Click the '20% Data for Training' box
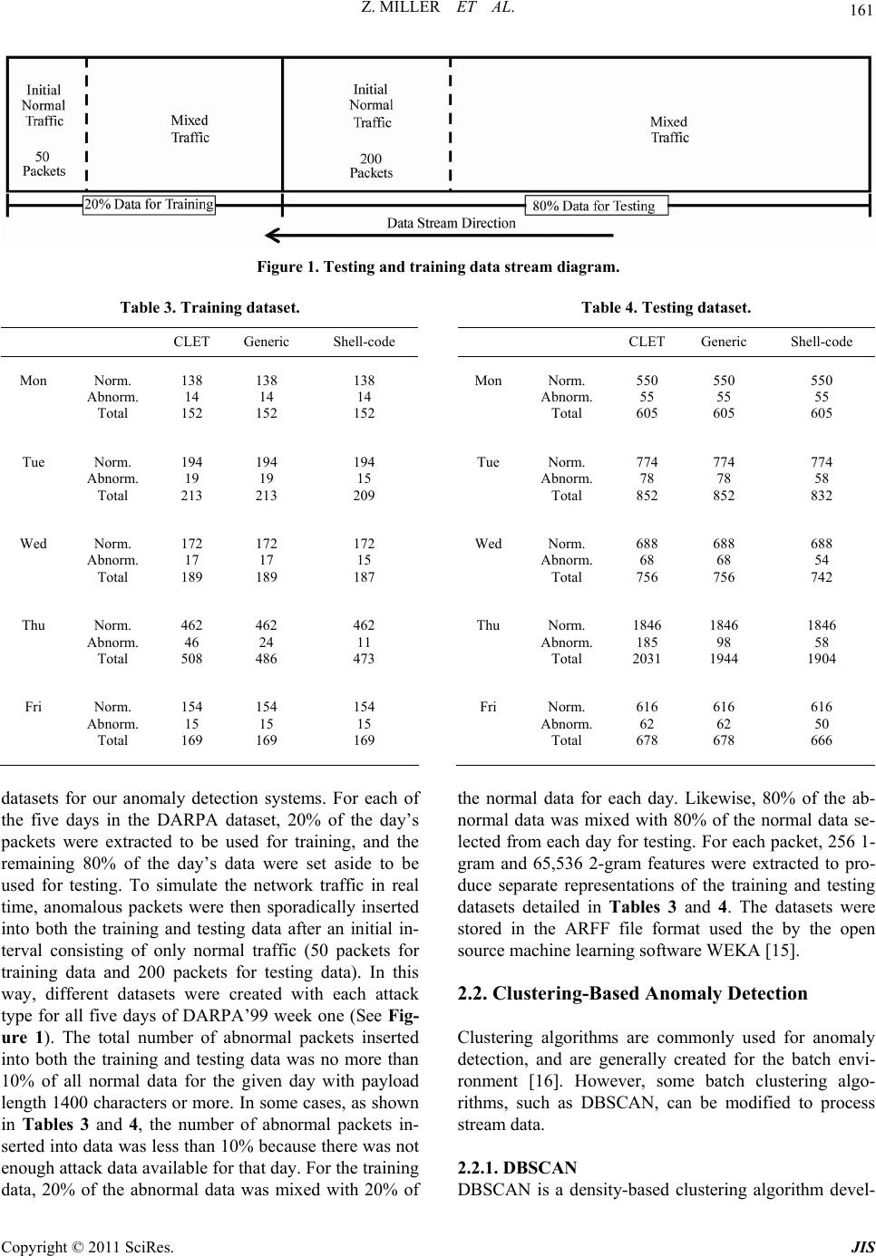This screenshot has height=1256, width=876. [x=150, y=204]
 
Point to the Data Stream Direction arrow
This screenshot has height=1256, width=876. [x=439, y=236]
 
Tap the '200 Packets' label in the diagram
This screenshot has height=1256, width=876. [x=371, y=165]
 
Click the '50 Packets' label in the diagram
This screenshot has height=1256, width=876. [x=44, y=163]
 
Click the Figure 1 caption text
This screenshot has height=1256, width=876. [x=438, y=267]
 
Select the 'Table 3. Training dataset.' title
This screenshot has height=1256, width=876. [x=209, y=308]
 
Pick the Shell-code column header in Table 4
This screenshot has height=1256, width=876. [x=821, y=342]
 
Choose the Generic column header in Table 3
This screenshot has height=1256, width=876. [x=266, y=342]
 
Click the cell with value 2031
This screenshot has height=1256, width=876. [x=647, y=659]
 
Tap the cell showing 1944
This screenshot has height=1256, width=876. [x=723, y=659]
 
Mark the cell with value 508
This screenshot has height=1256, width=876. [x=190, y=659]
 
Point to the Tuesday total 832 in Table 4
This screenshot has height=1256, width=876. [x=821, y=496]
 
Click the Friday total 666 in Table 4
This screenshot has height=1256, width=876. [x=821, y=740]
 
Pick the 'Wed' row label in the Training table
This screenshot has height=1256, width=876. [x=34, y=544]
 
